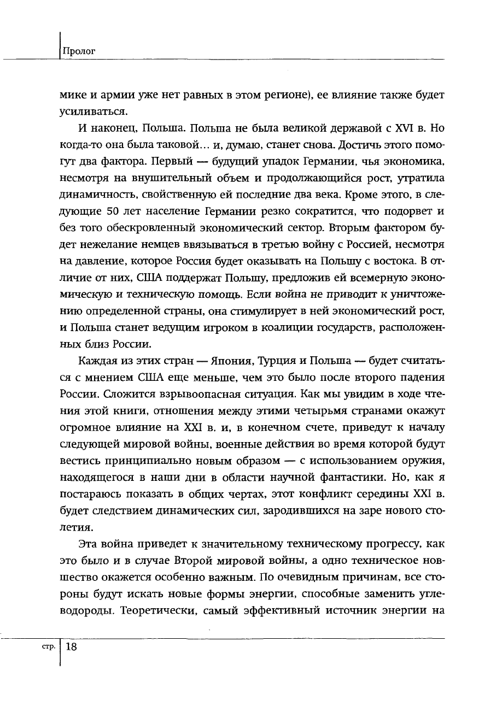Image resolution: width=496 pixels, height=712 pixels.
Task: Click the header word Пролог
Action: pyautogui.click(x=79, y=51)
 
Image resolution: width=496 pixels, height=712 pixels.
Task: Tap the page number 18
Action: pyautogui.click(x=72, y=647)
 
